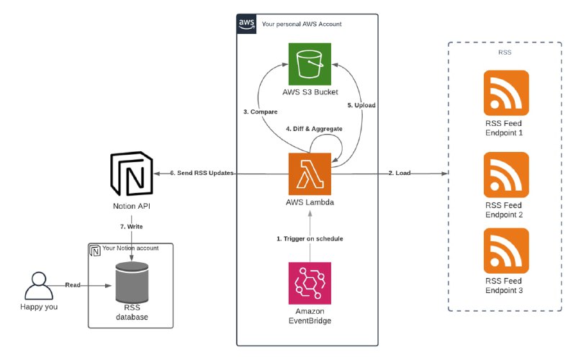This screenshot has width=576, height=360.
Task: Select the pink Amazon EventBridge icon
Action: click(310, 284)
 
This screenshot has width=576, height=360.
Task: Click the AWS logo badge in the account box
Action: click(246, 24)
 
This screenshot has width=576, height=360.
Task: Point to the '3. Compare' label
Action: click(260, 112)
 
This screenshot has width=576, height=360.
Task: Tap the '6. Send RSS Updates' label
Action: click(202, 174)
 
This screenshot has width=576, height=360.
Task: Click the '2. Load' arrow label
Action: click(400, 174)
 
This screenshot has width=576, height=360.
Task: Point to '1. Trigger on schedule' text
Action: click(310, 238)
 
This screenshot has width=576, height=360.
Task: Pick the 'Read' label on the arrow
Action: click(73, 286)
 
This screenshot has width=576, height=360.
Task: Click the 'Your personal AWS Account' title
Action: click(302, 24)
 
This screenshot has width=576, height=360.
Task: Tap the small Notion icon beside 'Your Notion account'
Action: click(94, 251)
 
